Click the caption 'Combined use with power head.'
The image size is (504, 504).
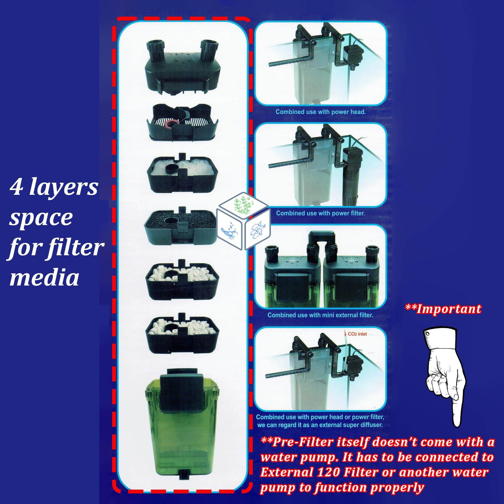click(321, 112)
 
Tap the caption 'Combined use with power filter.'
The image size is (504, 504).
click(320, 213)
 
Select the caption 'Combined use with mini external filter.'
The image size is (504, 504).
click(320, 315)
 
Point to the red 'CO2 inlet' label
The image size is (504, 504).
click(357, 334)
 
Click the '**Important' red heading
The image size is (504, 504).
click(443, 309)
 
